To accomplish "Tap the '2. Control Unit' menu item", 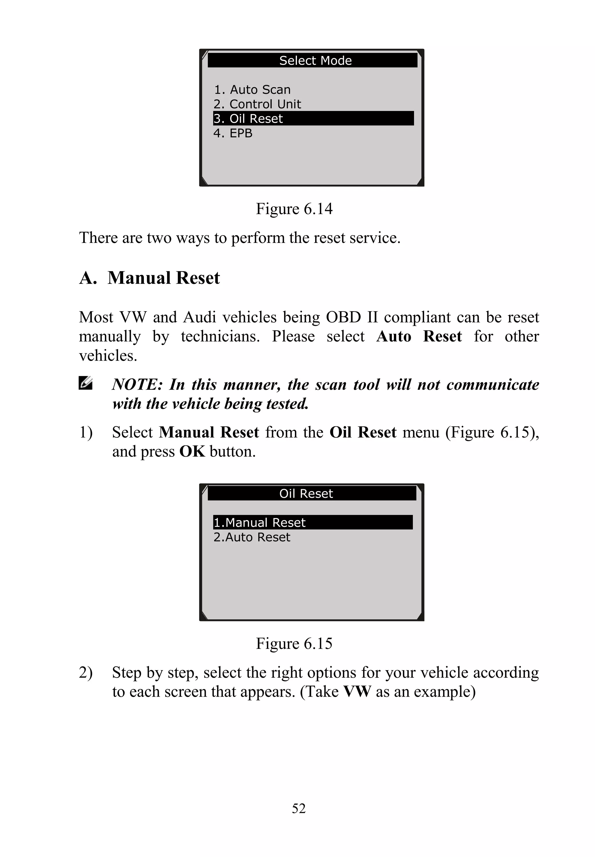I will point(257,104).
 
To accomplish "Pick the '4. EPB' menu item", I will point(233,133).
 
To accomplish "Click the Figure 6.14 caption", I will point(294,209).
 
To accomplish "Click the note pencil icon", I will point(85,383).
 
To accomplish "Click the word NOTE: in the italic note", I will point(137,384).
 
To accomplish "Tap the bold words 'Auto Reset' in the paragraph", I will point(419,337).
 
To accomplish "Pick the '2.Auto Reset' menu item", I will point(252,537).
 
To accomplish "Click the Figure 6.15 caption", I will point(294,644).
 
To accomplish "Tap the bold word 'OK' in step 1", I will point(192,452).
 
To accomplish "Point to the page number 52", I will point(299,808).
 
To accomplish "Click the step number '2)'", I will point(86,672).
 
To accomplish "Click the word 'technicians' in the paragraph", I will point(220,337).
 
